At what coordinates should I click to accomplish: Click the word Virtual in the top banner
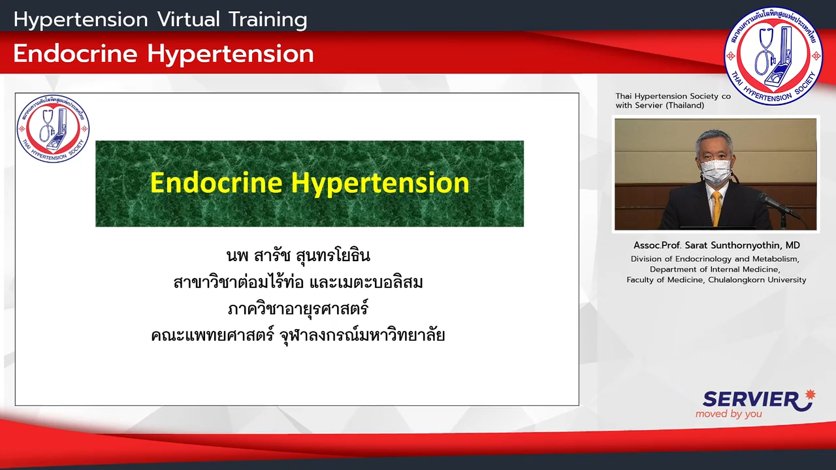click(x=189, y=20)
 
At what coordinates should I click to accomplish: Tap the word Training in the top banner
click(x=268, y=20)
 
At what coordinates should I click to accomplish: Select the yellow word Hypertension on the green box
click(x=380, y=184)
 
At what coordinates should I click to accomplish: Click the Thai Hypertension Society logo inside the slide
click(x=53, y=129)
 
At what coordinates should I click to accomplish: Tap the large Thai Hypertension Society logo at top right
click(x=773, y=55)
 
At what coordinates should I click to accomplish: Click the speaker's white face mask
click(x=715, y=171)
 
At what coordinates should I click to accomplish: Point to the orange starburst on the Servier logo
click(x=810, y=395)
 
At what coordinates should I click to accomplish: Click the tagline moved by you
click(x=728, y=414)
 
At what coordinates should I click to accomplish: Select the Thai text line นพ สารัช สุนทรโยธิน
click(x=298, y=256)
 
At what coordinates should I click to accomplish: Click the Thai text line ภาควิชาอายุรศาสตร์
click(x=298, y=309)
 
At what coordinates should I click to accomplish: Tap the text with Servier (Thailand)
click(x=660, y=106)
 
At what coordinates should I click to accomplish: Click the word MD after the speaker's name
click(x=793, y=245)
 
